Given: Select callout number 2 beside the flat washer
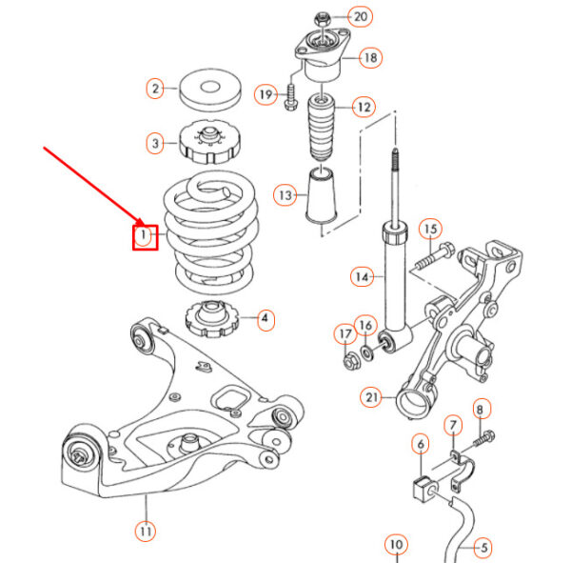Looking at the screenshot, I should pos(155,90).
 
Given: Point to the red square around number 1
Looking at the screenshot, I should pos(144,233).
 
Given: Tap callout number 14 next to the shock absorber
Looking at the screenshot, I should pos(361,277).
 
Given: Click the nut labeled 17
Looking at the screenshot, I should pos(348,359).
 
